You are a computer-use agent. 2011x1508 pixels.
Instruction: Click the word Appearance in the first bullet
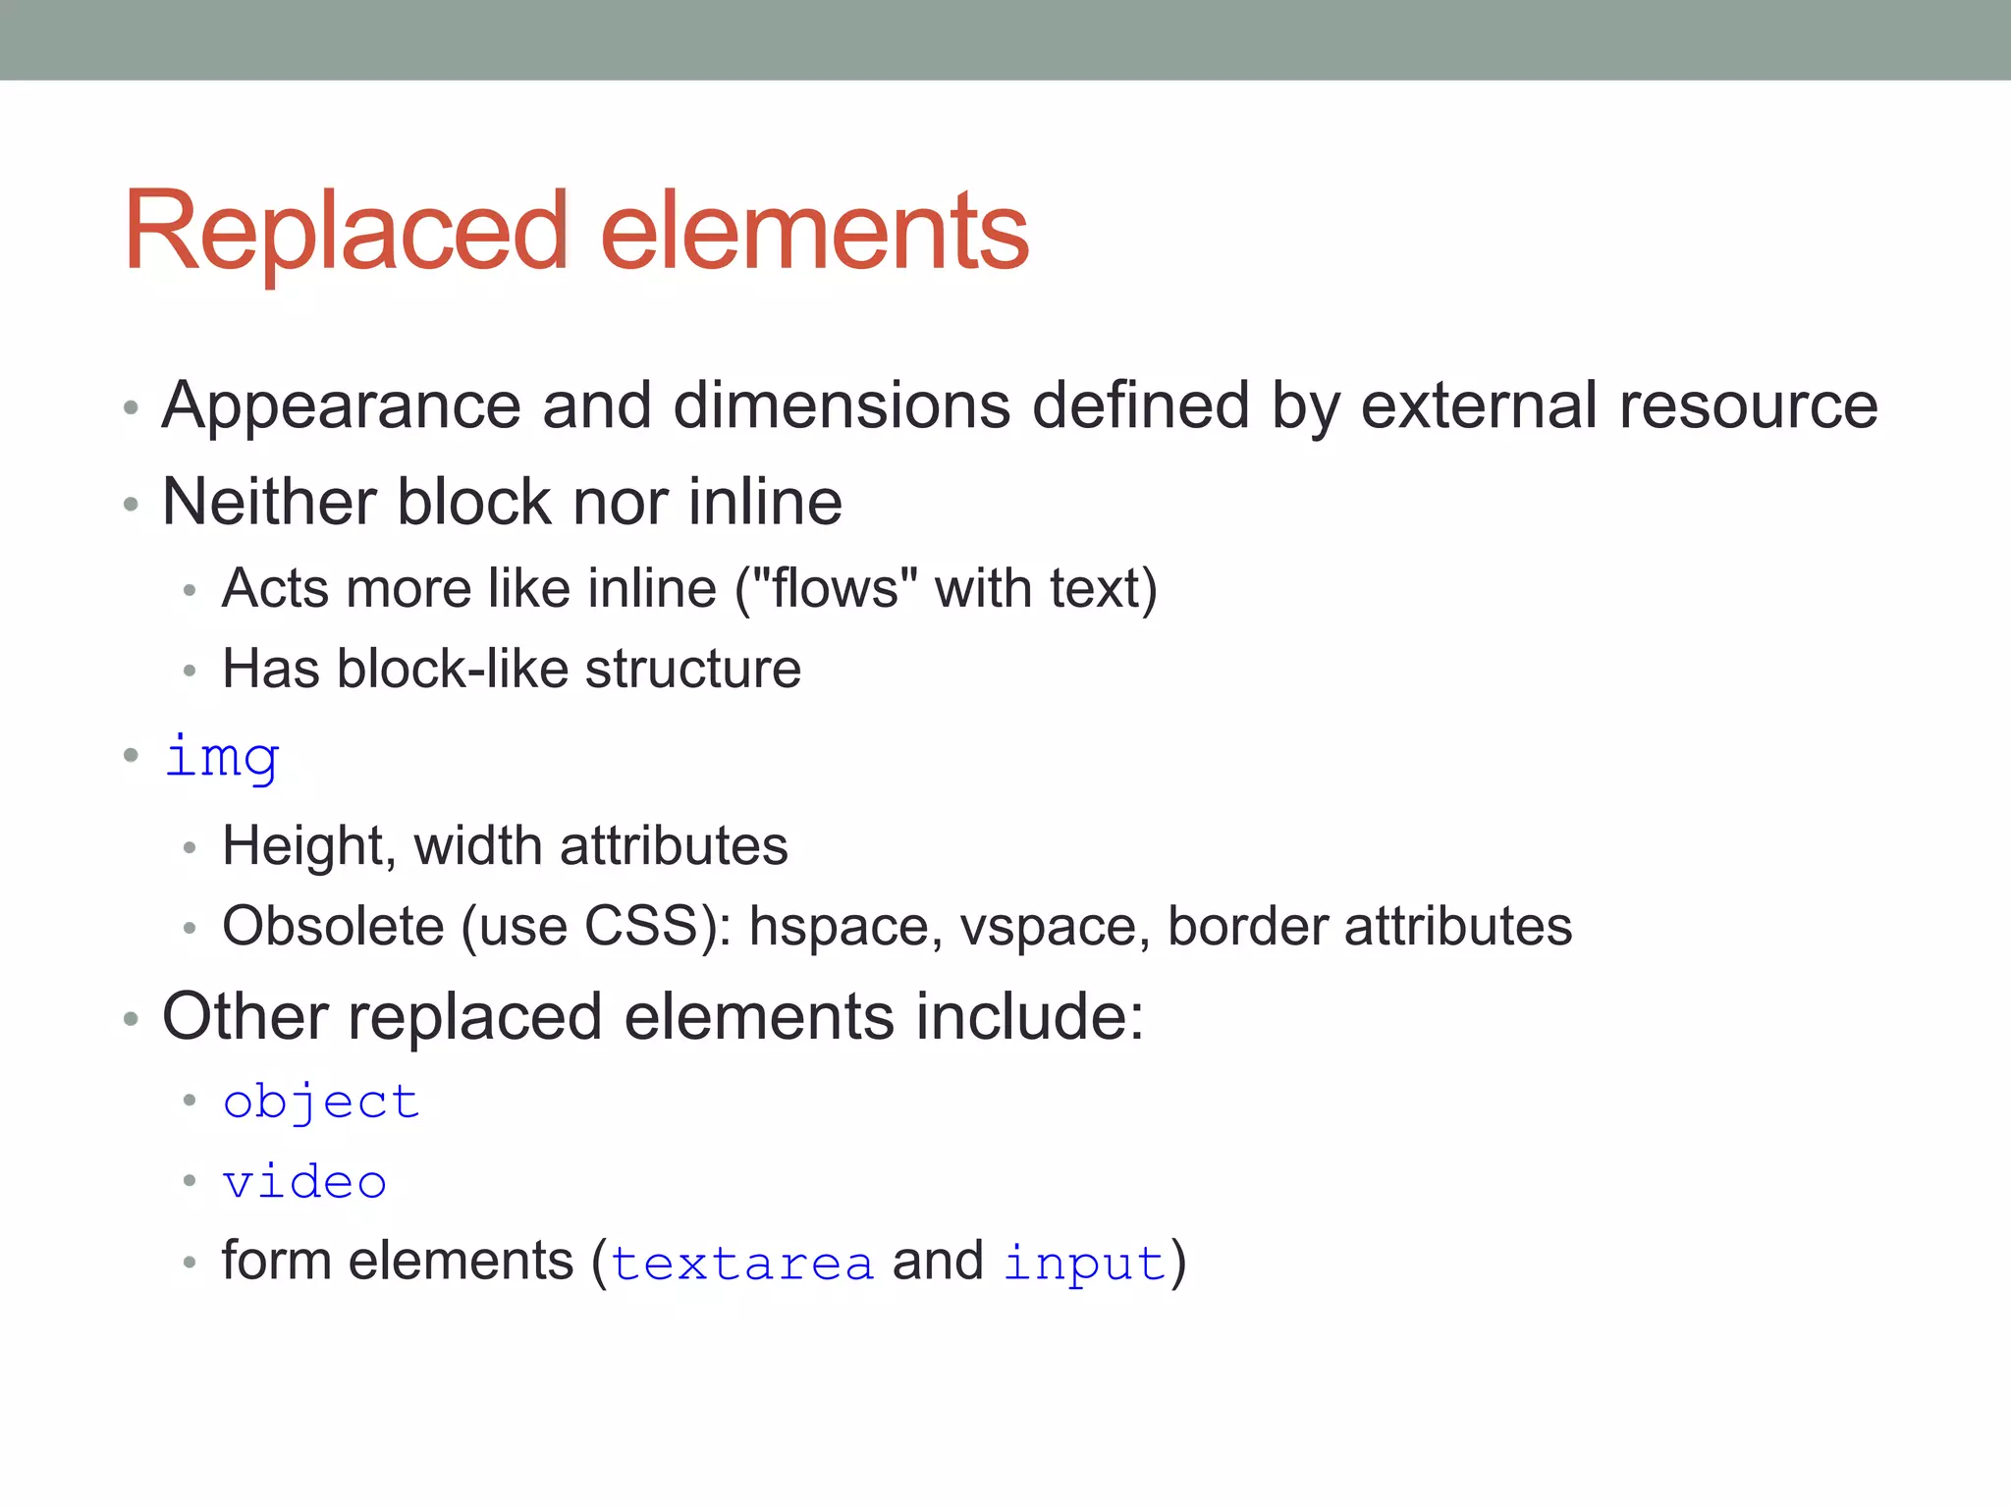(341, 406)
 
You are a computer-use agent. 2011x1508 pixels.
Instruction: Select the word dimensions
(842, 406)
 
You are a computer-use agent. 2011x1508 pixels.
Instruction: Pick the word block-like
(452, 670)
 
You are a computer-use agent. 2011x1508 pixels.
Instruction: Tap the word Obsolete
(333, 927)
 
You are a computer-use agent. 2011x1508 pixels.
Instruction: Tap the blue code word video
(304, 1183)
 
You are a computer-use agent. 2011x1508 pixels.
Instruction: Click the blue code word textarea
(742, 1264)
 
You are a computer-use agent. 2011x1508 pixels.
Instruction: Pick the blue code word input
(1085, 1264)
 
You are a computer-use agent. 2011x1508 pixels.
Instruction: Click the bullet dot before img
(132, 755)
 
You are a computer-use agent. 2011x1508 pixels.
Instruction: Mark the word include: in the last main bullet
(1030, 1017)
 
